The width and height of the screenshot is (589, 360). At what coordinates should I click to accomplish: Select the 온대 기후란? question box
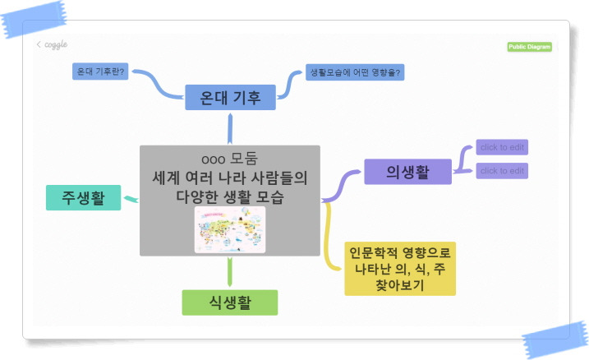(100, 72)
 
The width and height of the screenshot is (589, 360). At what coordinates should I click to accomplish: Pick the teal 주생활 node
(83, 196)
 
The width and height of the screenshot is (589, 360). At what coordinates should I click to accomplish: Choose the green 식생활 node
(229, 302)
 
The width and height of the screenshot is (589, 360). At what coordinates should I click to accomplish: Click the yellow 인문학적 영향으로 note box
(400, 268)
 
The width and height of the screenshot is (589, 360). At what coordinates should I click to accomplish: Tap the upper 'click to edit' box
(502, 147)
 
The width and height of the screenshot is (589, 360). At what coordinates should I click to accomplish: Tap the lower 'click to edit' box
(502, 171)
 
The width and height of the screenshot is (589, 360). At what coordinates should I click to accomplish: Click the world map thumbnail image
(230, 229)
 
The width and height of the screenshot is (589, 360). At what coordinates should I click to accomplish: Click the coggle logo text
(56, 44)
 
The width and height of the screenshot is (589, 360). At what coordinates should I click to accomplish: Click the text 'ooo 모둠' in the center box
(229, 159)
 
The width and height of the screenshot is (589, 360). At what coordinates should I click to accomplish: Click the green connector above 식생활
(229, 272)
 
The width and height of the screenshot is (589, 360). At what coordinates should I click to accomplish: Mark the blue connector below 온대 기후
(230, 128)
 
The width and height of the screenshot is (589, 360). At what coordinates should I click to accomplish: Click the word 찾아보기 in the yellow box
(400, 284)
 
